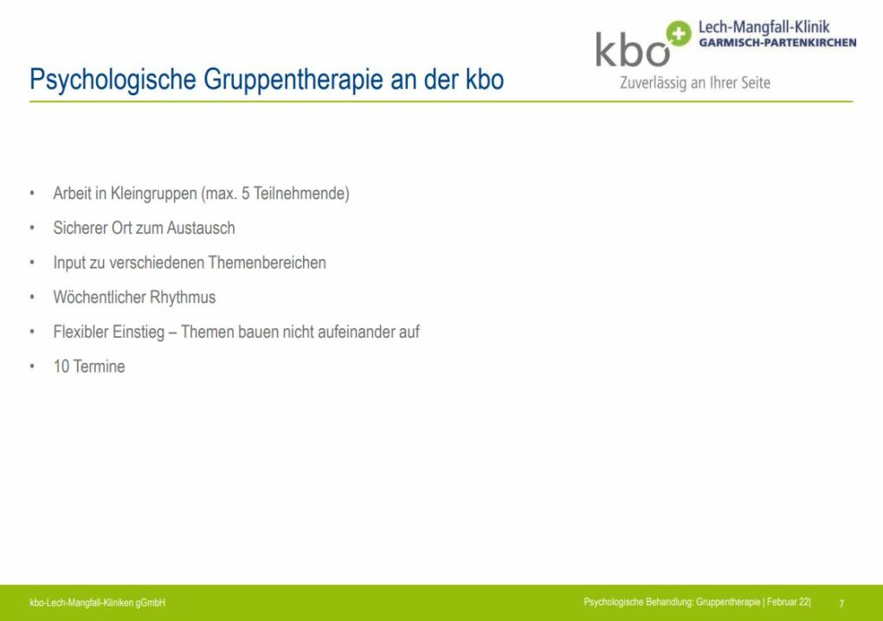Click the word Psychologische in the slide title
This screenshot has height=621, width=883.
click(x=113, y=80)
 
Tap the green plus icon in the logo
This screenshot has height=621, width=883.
click(x=678, y=34)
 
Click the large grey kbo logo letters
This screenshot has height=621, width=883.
click(x=633, y=49)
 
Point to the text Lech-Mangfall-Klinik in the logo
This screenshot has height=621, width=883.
click(x=764, y=27)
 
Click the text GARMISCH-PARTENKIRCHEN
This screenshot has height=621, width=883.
click(x=777, y=42)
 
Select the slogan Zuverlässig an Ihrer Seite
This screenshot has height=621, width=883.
click(x=695, y=83)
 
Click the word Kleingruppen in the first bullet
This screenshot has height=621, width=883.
click(x=154, y=194)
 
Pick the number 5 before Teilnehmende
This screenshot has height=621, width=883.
click(x=246, y=193)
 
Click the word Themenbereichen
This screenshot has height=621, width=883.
click(x=267, y=262)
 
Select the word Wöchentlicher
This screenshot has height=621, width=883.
click(x=99, y=297)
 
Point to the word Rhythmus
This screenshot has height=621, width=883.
click(x=183, y=298)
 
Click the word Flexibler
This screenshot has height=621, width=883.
click(x=81, y=332)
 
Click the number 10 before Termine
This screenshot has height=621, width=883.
click(x=61, y=366)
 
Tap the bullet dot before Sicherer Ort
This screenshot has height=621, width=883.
click(x=32, y=229)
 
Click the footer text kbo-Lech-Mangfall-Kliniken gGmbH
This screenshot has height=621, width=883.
click(x=98, y=603)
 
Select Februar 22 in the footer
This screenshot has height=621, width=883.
click(x=788, y=603)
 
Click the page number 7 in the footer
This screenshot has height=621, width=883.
click(x=841, y=604)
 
